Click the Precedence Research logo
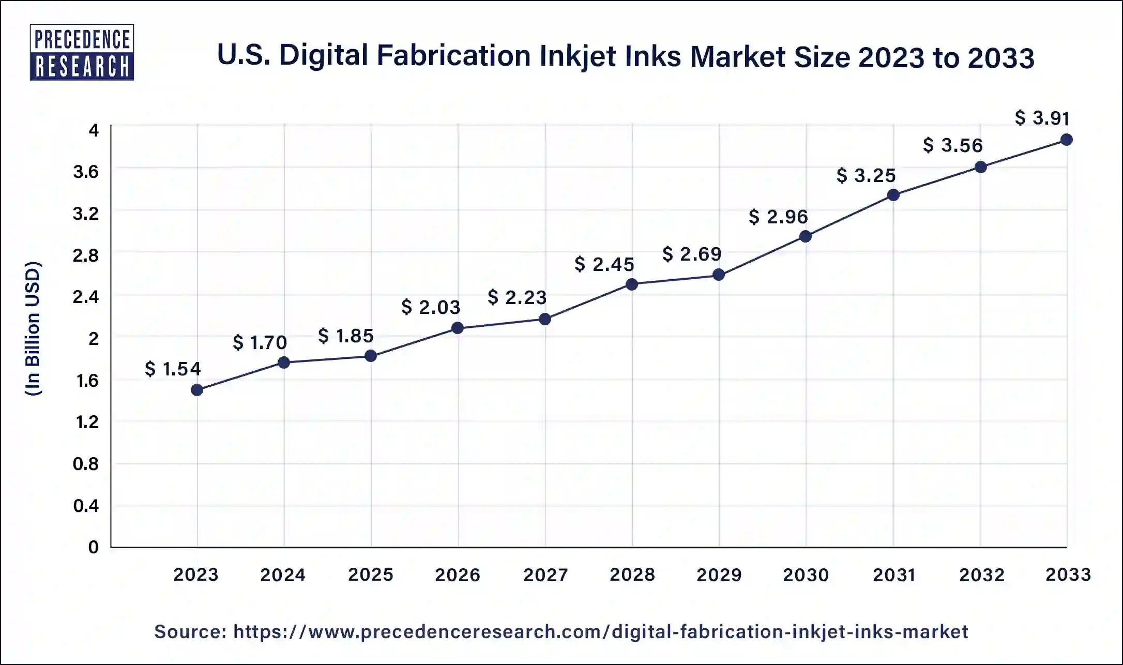pyautogui.click(x=82, y=52)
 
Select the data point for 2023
pyautogui.click(x=196, y=390)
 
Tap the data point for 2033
pyautogui.click(x=1066, y=140)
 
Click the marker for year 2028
pyautogui.click(x=631, y=284)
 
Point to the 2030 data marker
pyautogui.click(x=805, y=237)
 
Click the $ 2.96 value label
pyautogui.click(x=778, y=217)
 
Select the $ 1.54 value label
pyautogui.click(x=173, y=369)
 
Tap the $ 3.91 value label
pyautogui.click(x=1042, y=118)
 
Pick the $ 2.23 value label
pyautogui.click(x=517, y=297)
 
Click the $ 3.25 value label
pyautogui.click(x=866, y=175)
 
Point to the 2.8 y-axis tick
pyautogui.click(x=86, y=255)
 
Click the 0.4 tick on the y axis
pyautogui.click(x=86, y=505)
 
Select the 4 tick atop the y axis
pyautogui.click(x=94, y=130)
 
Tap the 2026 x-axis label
pyautogui.click(x=458, y=575)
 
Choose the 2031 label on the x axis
pyautogui.click(x=894, y=575)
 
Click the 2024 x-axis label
pyautogui.click(x=283, y=575)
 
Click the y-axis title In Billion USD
pyautogui.click(x=33, y=329)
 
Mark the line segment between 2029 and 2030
pyautogui.click(x=762, y=256)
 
